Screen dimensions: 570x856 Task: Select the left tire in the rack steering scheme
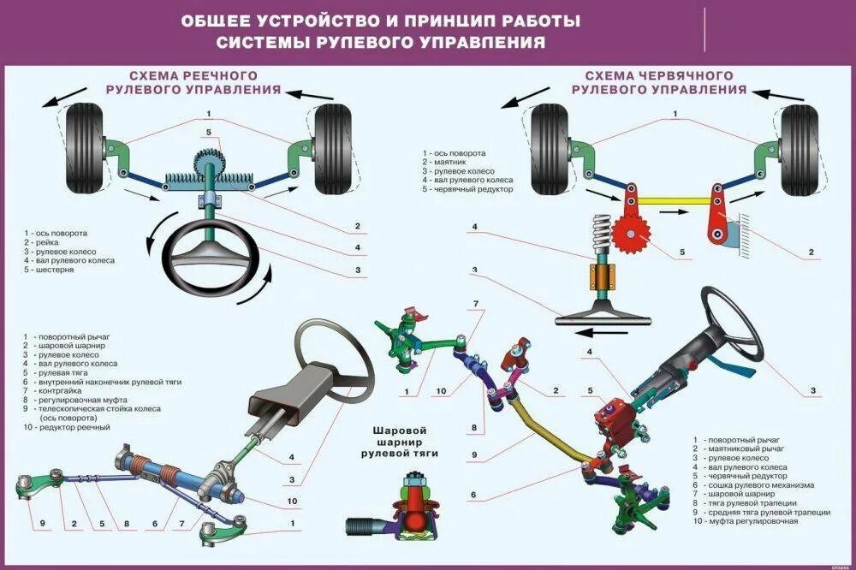coord(84,147)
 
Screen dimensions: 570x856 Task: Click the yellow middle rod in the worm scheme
coord(674,201)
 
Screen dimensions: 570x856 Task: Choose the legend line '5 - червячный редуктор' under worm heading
coord(467,189)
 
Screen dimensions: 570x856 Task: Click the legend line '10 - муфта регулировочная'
coord(745,520)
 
